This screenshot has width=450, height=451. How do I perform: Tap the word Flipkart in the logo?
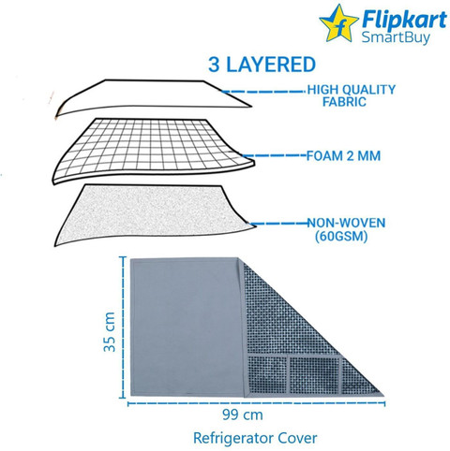404,20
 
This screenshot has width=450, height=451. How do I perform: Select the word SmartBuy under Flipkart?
396,37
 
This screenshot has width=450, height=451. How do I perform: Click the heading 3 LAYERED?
262,65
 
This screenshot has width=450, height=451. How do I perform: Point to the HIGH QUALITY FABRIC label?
352,95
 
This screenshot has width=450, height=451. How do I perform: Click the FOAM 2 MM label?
343,155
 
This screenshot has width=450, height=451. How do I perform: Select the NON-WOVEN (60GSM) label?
346,230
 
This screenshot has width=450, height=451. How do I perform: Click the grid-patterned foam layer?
154,150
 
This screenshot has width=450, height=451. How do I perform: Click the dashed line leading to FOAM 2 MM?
275,155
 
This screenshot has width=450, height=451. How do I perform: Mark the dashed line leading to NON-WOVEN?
279,224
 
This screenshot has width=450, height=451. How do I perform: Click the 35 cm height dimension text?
110,331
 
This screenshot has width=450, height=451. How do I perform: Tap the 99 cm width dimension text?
243,415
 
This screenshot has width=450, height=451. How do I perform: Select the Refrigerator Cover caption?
255,438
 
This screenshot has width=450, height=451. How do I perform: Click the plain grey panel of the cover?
187,327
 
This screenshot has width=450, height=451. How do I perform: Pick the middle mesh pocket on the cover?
314,375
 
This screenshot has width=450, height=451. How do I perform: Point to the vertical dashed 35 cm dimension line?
122,327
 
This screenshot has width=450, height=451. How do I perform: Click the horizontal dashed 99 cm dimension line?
256,403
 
